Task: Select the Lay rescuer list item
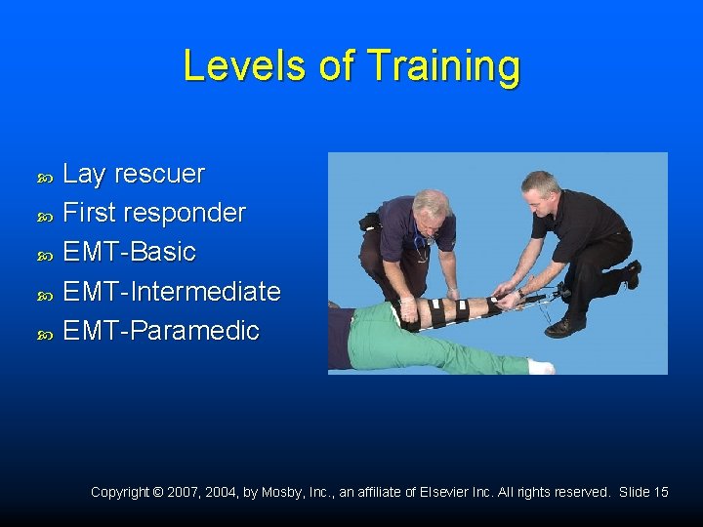134,175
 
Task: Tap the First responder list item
154,214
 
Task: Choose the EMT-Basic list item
129,253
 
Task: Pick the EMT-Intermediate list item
172,292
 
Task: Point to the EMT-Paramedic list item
161,331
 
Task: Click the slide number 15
660,493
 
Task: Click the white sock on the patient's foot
540,367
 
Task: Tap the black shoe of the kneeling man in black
564,327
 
